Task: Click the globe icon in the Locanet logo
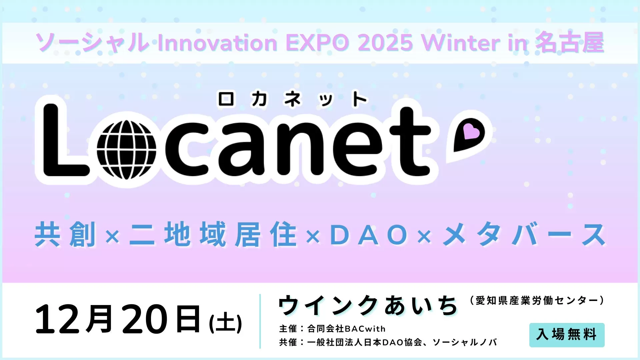click(126, 149)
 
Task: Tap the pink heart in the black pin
click(471, 132)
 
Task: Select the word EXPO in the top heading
click(317, 43)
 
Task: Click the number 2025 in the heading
click(385, 43)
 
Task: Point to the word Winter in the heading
click(460, 43)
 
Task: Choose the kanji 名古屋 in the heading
click(570, 43)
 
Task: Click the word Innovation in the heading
click(217, 43)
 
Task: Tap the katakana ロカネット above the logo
click(292, 99)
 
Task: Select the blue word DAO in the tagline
click(369, 235)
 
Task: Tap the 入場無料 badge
click(567, 335)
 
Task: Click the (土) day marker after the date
click(225, 323)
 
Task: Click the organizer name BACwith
click(365, 329)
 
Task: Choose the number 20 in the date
click(144, 319)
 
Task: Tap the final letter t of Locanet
click(410, 142)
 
